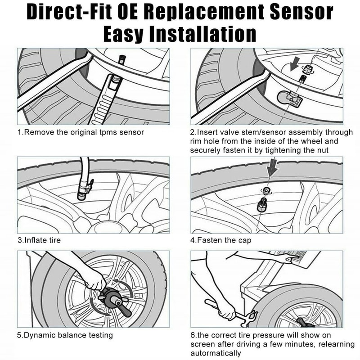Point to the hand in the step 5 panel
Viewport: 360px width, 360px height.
[95, 281]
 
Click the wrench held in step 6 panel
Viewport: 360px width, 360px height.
[229, 313]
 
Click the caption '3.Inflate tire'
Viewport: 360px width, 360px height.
[39, 240]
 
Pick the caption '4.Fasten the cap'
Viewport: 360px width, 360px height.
[220, 240]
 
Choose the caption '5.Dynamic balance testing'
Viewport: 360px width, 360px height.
[65, 335]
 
